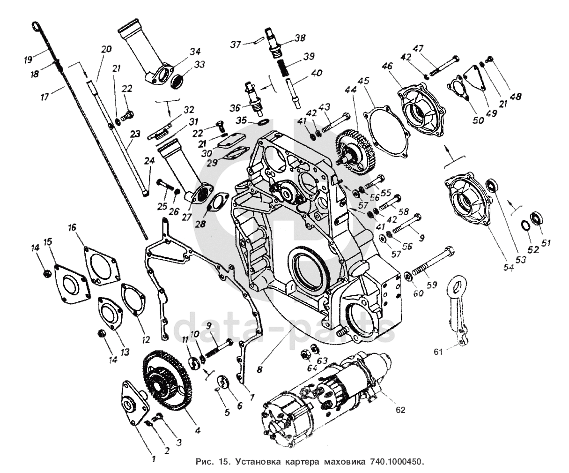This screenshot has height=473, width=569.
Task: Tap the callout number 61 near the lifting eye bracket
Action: tap(438, 352)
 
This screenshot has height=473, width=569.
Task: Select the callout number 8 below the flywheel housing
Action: tap(260, 369)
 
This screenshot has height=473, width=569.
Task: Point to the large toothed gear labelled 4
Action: tap(167, 381)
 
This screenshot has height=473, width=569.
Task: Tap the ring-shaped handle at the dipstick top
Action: tap(37, 26)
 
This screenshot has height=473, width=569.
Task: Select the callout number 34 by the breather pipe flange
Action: tap(195, 52)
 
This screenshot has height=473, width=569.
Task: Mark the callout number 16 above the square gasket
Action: tap(73, 227)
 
